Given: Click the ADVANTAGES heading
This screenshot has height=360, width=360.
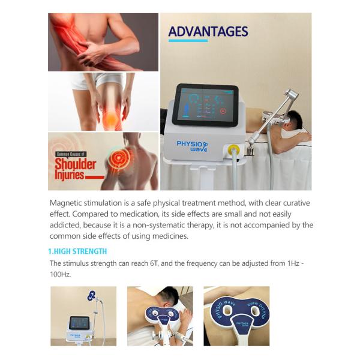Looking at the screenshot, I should pyautogui.click(x=208, y=31).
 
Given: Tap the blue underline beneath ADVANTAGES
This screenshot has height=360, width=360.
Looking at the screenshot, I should pyautogui.click(x=188, y=41).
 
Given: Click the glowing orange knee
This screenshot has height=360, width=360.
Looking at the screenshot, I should pyautogui.click(x=111, y=121).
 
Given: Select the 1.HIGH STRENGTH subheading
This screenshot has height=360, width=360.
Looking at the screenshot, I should pyautogui.click(x=77, y=251).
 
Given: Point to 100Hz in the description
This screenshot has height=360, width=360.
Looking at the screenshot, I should pyautogui.click(x=60, y=274).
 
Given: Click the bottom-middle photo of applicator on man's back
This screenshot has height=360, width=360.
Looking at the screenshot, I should pyautogui.click(x=160, y=316).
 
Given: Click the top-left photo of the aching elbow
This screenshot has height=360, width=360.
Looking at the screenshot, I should pyautogui.click(x=103, y=42).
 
